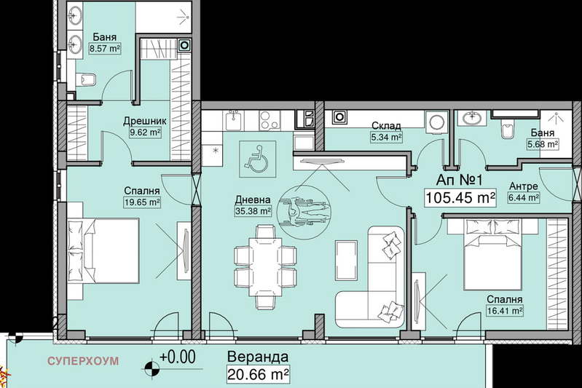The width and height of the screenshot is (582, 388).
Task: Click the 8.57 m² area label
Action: pyautogui.click(x=105, y=49)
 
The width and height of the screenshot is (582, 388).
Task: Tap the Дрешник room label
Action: pyautogui.click(x=145, y=121)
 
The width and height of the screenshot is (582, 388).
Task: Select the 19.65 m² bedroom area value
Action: pyautogui.click(x=142, y=202)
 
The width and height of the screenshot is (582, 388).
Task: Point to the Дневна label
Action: pyautogui.click(x=253, y=200)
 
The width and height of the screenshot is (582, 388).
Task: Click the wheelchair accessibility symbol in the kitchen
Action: pyautogui.click(x=258, y=159)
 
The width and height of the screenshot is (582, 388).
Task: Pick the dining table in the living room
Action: pyautogui.click(x=265, y=267)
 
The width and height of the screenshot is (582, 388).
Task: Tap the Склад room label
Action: pyautogui.click(x=386, y=126)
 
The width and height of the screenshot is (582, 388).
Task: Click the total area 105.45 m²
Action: pyautogui.click(x=460, y=197)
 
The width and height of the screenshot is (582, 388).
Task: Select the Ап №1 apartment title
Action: pyautogui.click(x=459, y=181)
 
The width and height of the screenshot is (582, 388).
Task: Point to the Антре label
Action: pyautogui.click(x=523, y=186)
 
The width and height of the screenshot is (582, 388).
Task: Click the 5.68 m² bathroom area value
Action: pyautogui.click(x=543, y=144)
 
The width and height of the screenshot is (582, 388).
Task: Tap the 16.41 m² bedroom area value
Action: pyautogui.click(x=505, y=311)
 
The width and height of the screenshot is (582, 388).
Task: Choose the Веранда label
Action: pyautogui.click(x=258, y=357)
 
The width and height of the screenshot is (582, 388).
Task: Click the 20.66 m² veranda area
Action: pyautogui.click(x=258, y=374)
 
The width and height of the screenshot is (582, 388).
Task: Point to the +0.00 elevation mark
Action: pyautogui.click(x=178, y=357)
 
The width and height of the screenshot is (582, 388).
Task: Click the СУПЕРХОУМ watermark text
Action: pyautogui.click(x=83, y=361)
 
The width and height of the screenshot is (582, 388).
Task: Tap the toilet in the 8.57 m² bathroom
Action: pyautogui.click(x=87, y=80)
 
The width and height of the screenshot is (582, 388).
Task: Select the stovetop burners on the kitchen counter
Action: pyautogui.click(x=270, y=120)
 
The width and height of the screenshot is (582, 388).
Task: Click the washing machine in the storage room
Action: pyautogui.click(x=436, y=122)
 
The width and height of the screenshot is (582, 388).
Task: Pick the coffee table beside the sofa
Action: pyautogui.click(x=346, y=261)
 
